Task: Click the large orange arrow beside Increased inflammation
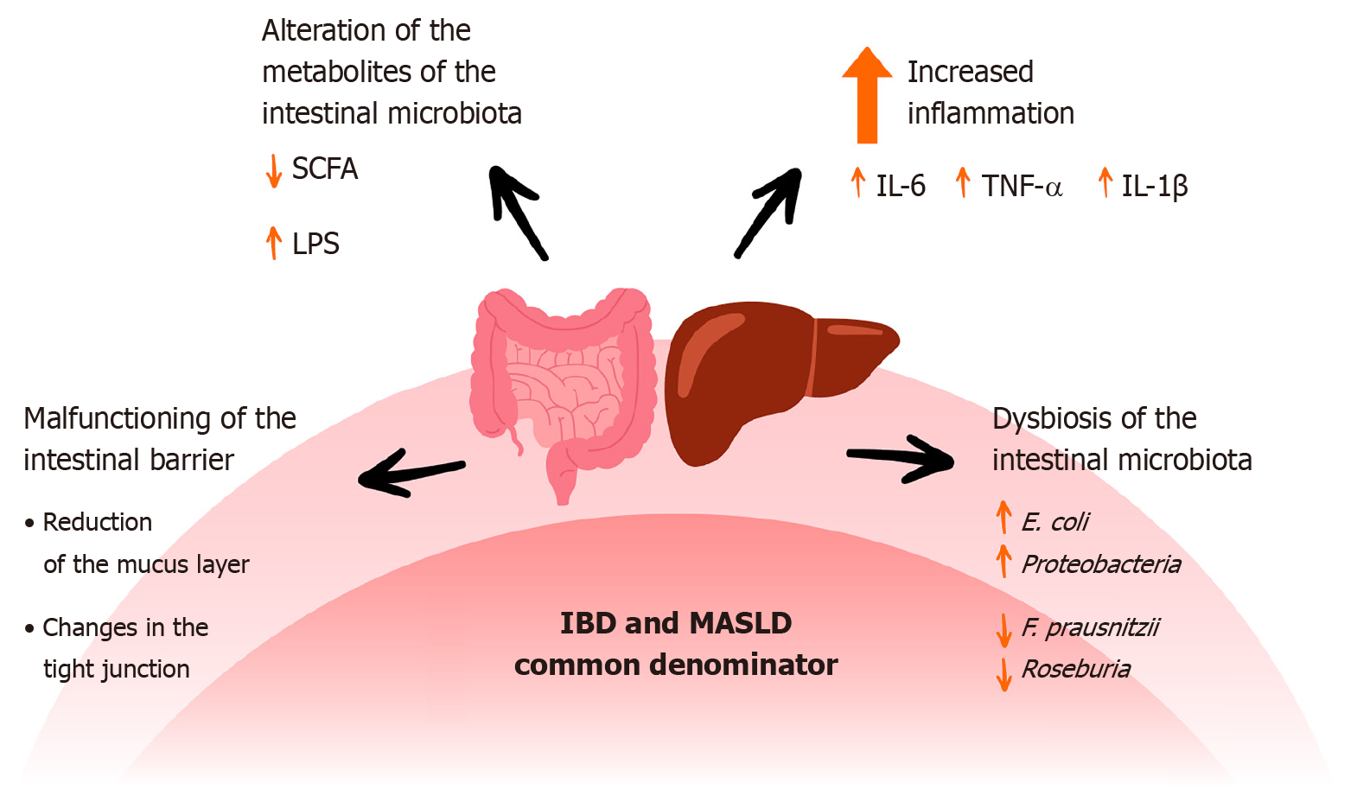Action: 867,94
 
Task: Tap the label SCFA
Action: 324,169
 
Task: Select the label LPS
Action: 315,245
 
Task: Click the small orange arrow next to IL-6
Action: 858,182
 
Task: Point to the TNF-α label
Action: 1022,186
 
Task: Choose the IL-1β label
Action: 1155,187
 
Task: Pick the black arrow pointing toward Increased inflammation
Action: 768,212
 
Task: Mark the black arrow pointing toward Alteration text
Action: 518,212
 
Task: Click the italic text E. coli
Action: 1054,522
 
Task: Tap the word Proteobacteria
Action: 1100,564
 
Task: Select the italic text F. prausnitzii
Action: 1089,627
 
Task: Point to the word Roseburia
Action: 1075,669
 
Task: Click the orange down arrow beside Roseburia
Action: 1003,674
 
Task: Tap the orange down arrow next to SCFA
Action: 273,170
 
